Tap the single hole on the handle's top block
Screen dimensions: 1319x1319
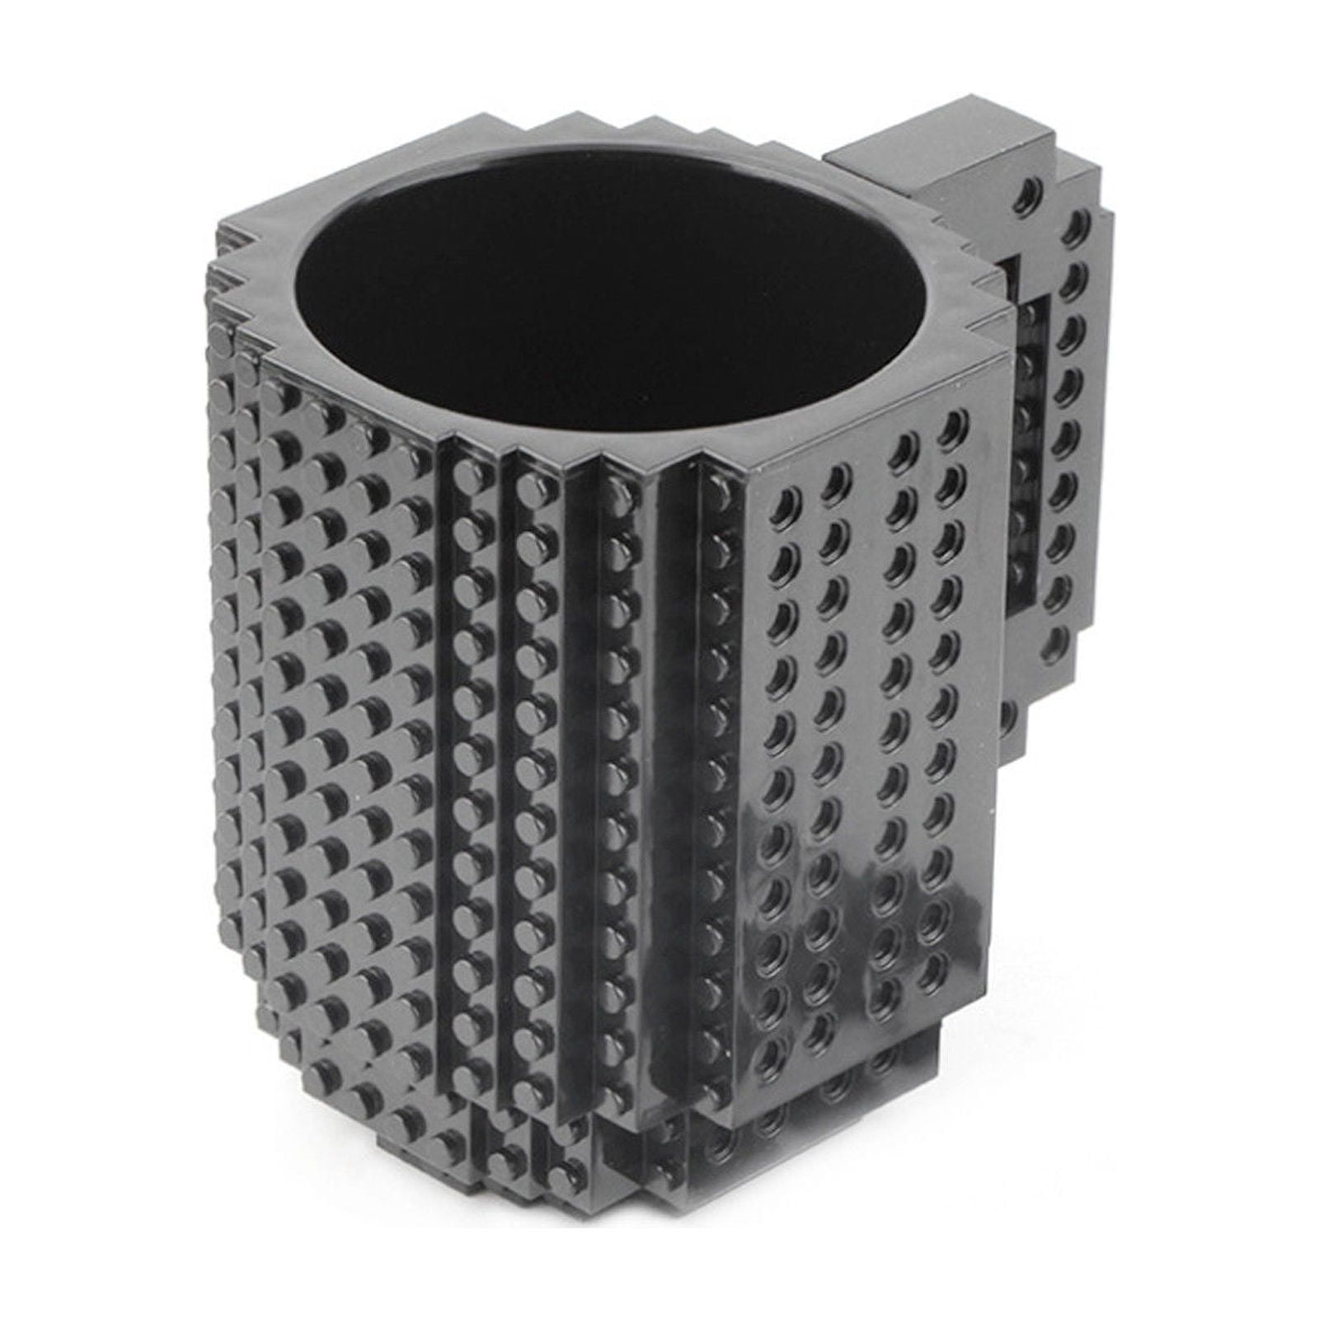point(1026,191)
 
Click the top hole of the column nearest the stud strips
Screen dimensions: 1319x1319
point(787,500)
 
